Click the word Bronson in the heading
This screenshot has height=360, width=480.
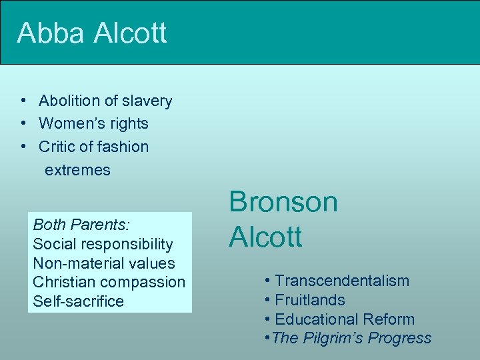pyautogui.click(x=283, y=202)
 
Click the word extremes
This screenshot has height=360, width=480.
pyautogui.click(x=77, y=169)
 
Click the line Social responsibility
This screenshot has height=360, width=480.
pyautogui.click(x=102, y=244)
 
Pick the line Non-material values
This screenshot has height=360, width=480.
pyautogui.click(x=103, y=263)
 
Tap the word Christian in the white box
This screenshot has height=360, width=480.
pyautogui.click(x=62, y=282)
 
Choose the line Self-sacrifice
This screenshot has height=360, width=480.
pyautogui.click(x=78, y=301)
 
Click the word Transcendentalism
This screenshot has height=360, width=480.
pyautogui.click(x=342, y=281)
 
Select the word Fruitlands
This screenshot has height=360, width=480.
pyautogui.click(x=309, y=300)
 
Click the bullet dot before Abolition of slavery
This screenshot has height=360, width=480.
pyautogui.click(x=23, y=101)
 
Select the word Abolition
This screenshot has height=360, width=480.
pyautogui.click(x=69, y=101)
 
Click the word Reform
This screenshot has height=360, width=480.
pyautogui.click(x=392, y=319)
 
